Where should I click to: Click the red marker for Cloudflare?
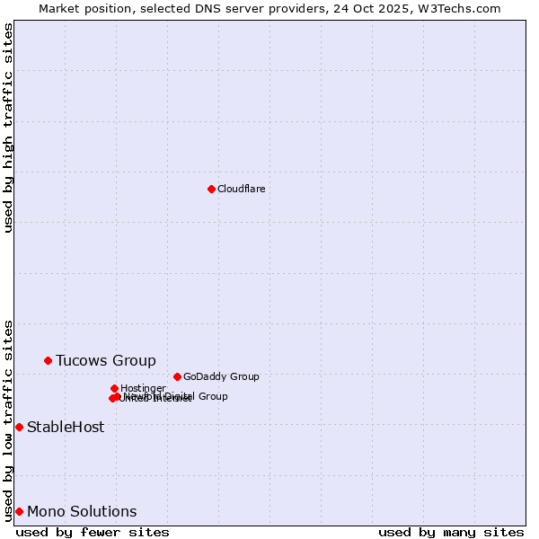tap(211, 189)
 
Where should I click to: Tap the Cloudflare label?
tap(241, 189)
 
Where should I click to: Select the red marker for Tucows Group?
tap(49, 360)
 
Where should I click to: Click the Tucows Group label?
tap(105, 360)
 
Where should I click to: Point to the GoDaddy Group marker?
tap(177, 376)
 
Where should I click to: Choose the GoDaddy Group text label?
tap(220, 376)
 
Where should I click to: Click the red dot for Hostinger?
tap(114, 388)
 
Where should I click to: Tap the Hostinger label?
tap(142, 388)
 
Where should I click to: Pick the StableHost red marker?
tap(19, 427)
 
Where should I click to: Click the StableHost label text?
tap(66, 427)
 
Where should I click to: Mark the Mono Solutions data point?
tap(19, 511)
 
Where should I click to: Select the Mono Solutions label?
tap(82, 511)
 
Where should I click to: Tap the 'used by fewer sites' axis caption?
tap(93, 532)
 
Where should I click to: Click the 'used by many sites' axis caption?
tap(451, 532)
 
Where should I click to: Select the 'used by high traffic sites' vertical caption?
tap(8, 128)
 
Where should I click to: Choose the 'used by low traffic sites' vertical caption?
tap(8, 420)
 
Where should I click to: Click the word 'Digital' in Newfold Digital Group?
tap(180, 396)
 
